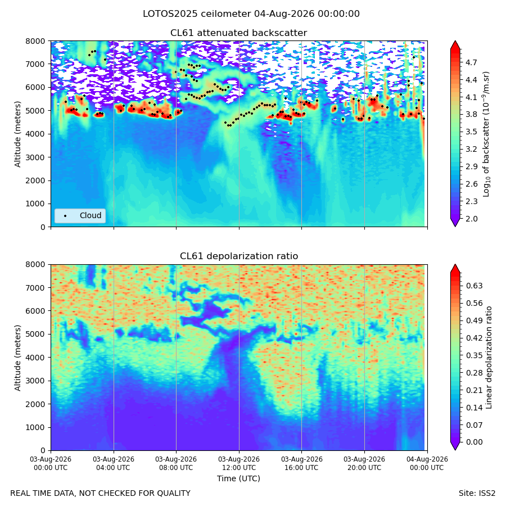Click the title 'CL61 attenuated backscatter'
(x=238, y=33)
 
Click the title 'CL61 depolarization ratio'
(x=239, y=256)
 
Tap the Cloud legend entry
(x=80, y=215)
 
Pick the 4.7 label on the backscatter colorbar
(x=471, y=62)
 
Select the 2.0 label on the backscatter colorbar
(x=471, y=219)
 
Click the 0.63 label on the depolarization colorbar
(x=475, y=286)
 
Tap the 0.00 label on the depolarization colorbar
(x=475, y=442)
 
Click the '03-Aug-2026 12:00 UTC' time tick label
(x=239, y=463)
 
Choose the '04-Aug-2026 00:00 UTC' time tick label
(x=427, y=463)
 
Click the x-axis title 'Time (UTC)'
(x=238, y=478)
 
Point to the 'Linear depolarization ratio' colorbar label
(x=489, y=358)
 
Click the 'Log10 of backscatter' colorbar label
(x=486, y=134)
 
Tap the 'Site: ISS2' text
(x=477, y=494)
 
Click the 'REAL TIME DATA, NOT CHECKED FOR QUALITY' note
(x=101, y=494)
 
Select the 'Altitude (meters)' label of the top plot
(x=17, y=134)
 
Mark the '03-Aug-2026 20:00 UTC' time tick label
(x=364, y=463)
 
